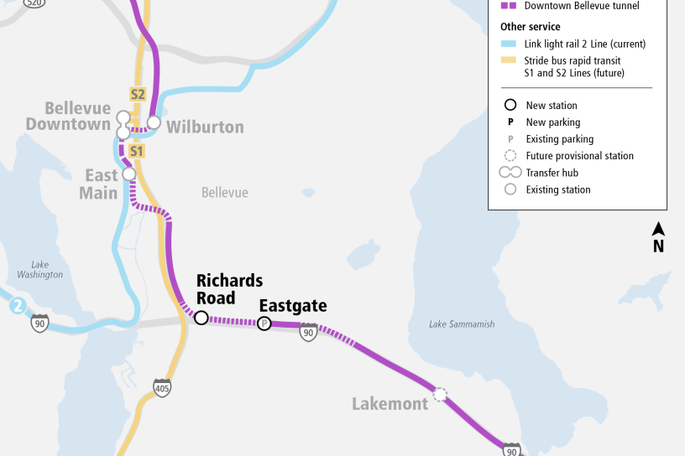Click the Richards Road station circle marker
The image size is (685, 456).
click(x=201, y=318)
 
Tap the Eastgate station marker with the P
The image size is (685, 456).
click(x=264, y=324)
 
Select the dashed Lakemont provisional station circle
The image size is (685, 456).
click(x=439, y=393)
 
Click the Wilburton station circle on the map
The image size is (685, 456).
click(x=154, y=122)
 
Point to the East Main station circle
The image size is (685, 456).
click(x=129, y=174)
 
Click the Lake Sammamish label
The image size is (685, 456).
click(x=461, y=324)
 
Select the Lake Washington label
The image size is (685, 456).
click(x=39, y=269)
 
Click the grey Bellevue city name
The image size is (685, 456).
click(x=225, y=193)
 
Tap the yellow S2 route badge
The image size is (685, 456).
click(x=138, y=94)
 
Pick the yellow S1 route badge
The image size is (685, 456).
click(x=137, y=151)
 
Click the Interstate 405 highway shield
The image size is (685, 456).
click(x=162, y=387)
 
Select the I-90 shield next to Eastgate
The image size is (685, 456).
click(x=309, y=332)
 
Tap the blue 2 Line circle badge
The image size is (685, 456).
click(x=18, y=306)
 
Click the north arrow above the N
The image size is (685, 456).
click(x=659, y=229)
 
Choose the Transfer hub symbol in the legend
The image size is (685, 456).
click(x=510, y=173)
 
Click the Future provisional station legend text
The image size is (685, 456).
click(x=579, y=156)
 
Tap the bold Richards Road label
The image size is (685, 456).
click(x=229, y=289)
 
